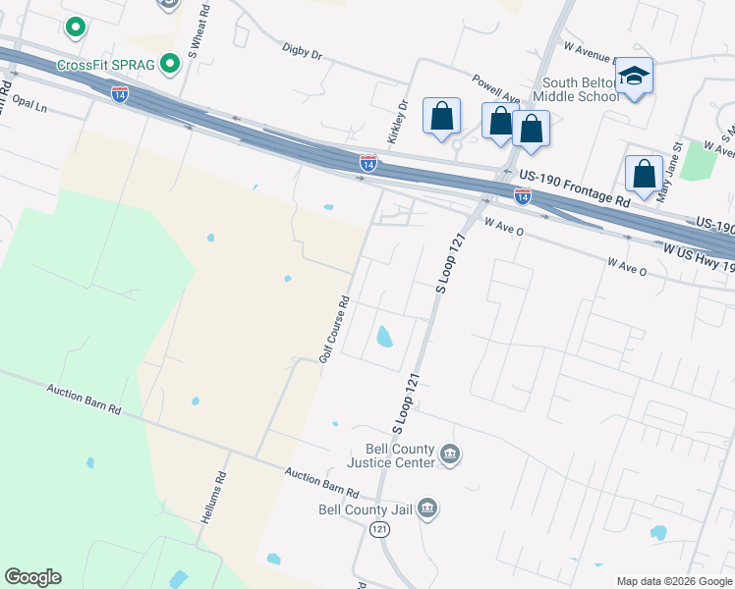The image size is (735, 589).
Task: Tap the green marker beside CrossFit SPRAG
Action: (170, 65)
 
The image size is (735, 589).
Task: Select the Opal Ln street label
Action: (28, 105)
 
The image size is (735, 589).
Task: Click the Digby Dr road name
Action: (302, 51)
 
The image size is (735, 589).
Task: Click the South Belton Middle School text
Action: (581, 90)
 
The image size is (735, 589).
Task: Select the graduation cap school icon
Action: (635, 75)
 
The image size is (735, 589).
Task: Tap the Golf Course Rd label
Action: (334, 330)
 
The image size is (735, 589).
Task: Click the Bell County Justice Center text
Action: (393, 455)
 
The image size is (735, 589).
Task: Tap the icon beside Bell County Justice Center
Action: (451, 454)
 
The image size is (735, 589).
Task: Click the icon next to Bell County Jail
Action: (427, 508)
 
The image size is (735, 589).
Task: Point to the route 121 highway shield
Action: (379, 529)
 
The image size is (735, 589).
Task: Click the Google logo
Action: (32, 577)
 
